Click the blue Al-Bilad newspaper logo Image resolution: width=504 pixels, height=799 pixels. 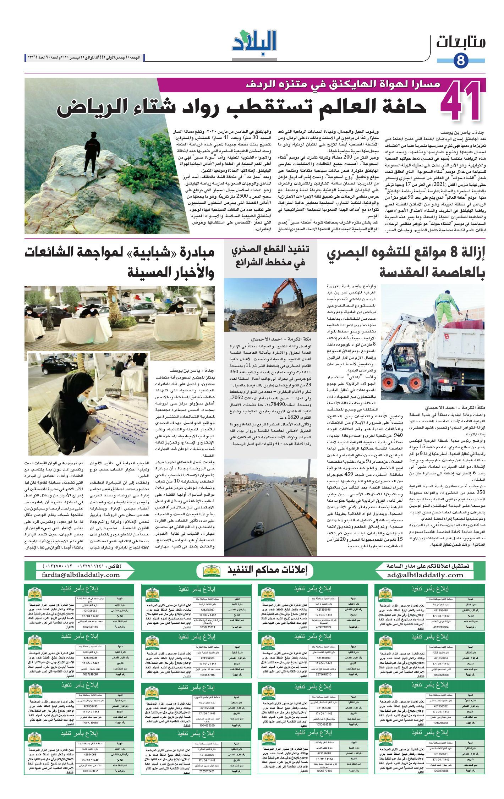(254, 42)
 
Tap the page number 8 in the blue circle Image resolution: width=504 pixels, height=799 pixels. (461, 60)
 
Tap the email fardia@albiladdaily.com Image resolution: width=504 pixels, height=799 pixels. (81, 575)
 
